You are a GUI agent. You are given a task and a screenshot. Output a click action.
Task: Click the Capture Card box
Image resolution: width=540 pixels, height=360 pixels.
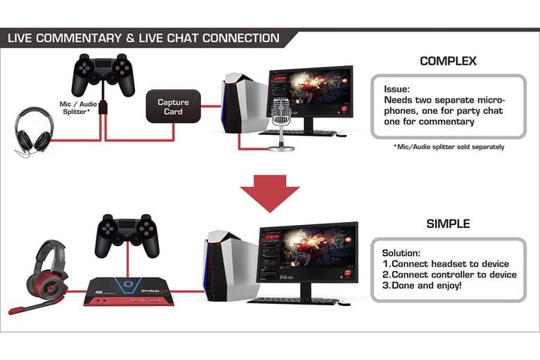(173, 106)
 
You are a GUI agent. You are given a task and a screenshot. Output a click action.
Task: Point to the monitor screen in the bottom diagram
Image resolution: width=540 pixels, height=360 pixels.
(305, 255)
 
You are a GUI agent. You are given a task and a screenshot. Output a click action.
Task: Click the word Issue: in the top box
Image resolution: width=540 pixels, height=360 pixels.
(397, 88)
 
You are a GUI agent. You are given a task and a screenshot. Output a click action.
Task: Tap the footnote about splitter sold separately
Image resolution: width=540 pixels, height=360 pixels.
(448, 147)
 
